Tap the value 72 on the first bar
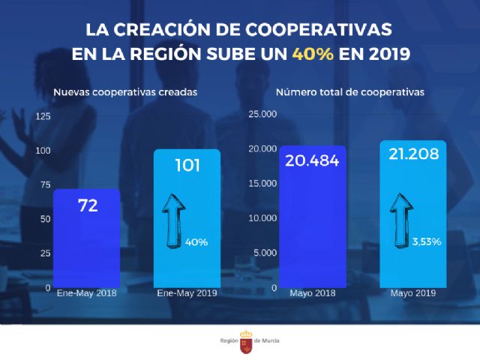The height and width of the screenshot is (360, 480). click(87, 205)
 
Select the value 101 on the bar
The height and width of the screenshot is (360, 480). click(187, 165)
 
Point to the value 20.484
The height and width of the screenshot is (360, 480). click(312, 160)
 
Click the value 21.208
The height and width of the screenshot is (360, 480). click(414, 155)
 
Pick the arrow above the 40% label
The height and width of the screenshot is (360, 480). click(175, 217)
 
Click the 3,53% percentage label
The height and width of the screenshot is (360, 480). click(426, 241)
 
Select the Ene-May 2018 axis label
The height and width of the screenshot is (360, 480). click(86, 293)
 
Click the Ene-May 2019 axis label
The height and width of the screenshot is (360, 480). click(187, 293)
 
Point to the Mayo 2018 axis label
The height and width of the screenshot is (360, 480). click(313, 293)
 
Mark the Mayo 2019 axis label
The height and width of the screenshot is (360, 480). click(412, 293)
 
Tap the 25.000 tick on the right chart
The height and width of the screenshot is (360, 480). click(262, 114)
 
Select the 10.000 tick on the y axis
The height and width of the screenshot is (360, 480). click(262, 218)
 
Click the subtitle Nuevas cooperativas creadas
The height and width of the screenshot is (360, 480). click(124, 93)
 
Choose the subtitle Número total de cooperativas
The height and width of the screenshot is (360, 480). click(349, 93)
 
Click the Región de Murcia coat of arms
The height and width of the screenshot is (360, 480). click(245, 341)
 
